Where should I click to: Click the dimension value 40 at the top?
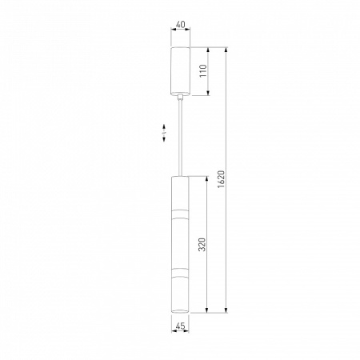[181, 25]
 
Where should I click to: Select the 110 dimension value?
[203, 70]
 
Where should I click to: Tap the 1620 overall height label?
[222, 179]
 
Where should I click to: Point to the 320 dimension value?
[202, 244]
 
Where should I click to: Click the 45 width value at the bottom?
[180, 326]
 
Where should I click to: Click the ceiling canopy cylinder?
[180, 71]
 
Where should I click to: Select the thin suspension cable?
[181, 138]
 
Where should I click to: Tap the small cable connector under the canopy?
[181, 97]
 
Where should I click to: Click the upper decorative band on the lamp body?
[180, 214]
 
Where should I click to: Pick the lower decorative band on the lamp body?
[180, 273]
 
